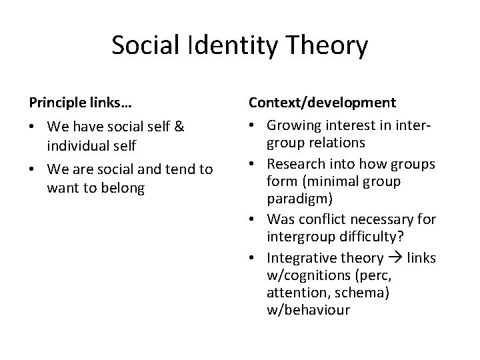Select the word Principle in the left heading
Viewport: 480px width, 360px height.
pyautogui.click(x=55, y=103)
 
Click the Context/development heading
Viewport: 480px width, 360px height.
pyautogui.click(x=322, y=103)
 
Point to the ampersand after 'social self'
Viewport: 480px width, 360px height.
pyautogui.click(x=179, y=126)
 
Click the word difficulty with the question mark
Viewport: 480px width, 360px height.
pyautogui.click(x=370, y=236)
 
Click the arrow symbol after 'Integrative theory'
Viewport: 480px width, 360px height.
pyautogui.click(x=396, y=257)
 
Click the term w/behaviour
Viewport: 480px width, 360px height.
pyautogui.click(x=307, y=309)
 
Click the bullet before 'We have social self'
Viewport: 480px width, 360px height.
pyautogui.click(x=33, y=126)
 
